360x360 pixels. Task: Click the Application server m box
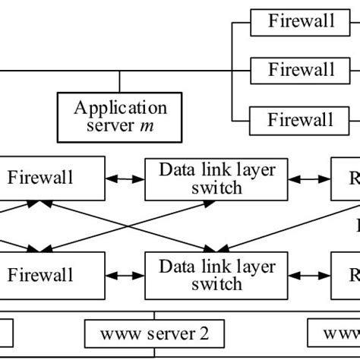(x=120, y=113)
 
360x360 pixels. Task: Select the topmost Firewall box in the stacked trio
(x=301, y=21)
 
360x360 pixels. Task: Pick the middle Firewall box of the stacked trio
(x=301, y=70)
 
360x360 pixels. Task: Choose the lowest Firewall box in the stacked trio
(x=301, y=119)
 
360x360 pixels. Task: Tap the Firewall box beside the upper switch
(x=52, y=178)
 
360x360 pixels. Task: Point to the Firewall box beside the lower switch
(x=52, y=275)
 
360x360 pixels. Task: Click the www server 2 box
(x=154, y=333)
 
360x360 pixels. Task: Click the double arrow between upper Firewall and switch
(x=125, y=179)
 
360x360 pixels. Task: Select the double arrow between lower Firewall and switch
(x=125, y=275)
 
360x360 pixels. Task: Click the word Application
(x=120, y=106)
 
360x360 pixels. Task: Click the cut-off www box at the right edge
(x=334, y=333)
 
